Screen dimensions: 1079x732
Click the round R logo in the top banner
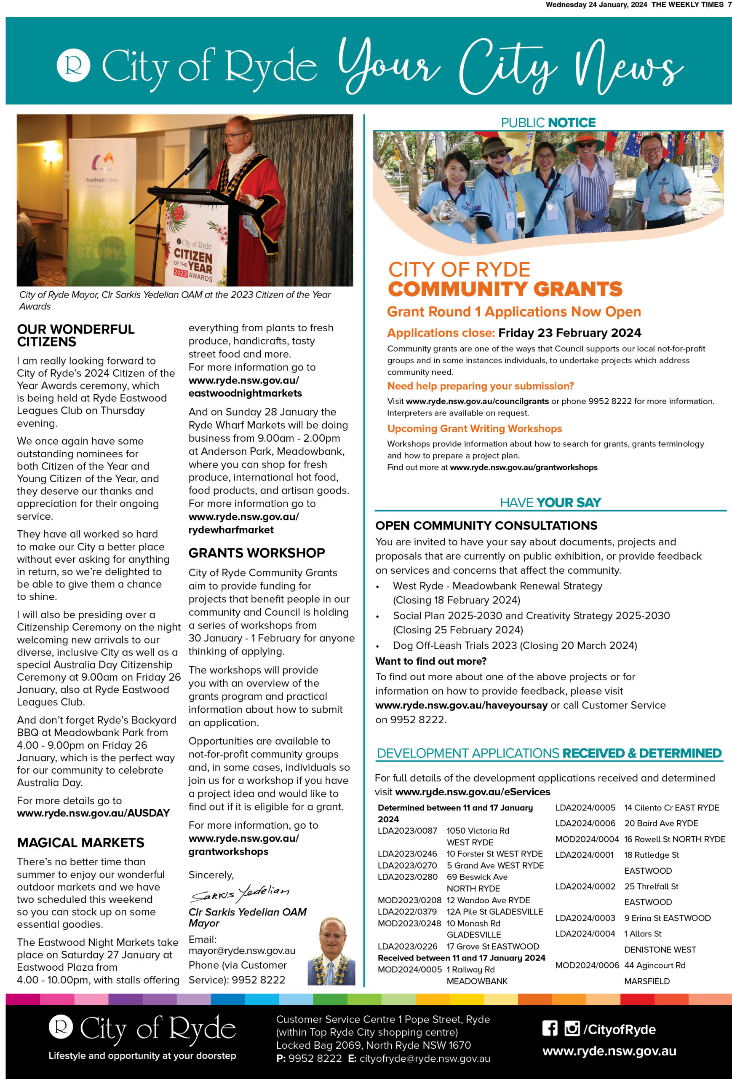coord(73,65)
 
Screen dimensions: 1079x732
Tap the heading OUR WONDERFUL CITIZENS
coord(76,335)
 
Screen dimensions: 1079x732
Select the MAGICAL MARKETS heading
coord(80,842)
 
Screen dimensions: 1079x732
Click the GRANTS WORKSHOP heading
coord(256,553)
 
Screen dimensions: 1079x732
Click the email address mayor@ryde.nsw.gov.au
coord(242,950)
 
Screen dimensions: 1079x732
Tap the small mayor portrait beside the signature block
coord(331,951)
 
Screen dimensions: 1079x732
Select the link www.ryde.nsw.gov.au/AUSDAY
coord(93,813)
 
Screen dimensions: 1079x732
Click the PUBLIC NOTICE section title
coord(548,123)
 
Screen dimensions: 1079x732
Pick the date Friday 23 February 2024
coord(570,333)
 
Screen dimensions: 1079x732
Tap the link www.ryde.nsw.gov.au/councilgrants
coord(477,401)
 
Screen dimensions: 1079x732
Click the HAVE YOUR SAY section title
coord(550,502)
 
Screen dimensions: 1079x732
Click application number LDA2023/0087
coord(407,831)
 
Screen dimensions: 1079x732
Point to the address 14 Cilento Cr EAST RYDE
coord(671,808)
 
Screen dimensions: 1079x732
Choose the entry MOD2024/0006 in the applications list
coord(587,965)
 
